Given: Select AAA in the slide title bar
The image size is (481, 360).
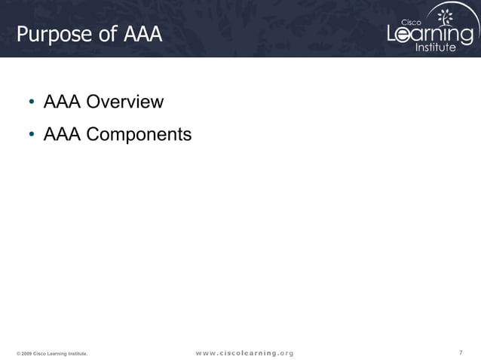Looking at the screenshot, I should click(142, 35).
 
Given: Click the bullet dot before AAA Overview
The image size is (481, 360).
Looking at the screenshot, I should click(32, 102).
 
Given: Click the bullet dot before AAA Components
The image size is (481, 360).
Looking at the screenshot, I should click(32, 136).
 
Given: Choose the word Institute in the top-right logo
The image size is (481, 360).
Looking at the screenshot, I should click(436, 47).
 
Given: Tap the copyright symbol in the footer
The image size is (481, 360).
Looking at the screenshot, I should click(18, 353).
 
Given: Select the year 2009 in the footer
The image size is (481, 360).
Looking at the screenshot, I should click(26, 353).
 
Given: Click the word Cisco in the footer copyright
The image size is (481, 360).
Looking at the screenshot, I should click(40, 353).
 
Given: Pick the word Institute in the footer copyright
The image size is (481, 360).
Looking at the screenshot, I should click(77, 353).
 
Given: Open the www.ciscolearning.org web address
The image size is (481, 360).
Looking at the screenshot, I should click(245, 352).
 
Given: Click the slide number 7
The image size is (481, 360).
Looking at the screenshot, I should click(461, 352).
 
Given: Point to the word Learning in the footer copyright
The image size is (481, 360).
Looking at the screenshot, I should click(57, 353).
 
